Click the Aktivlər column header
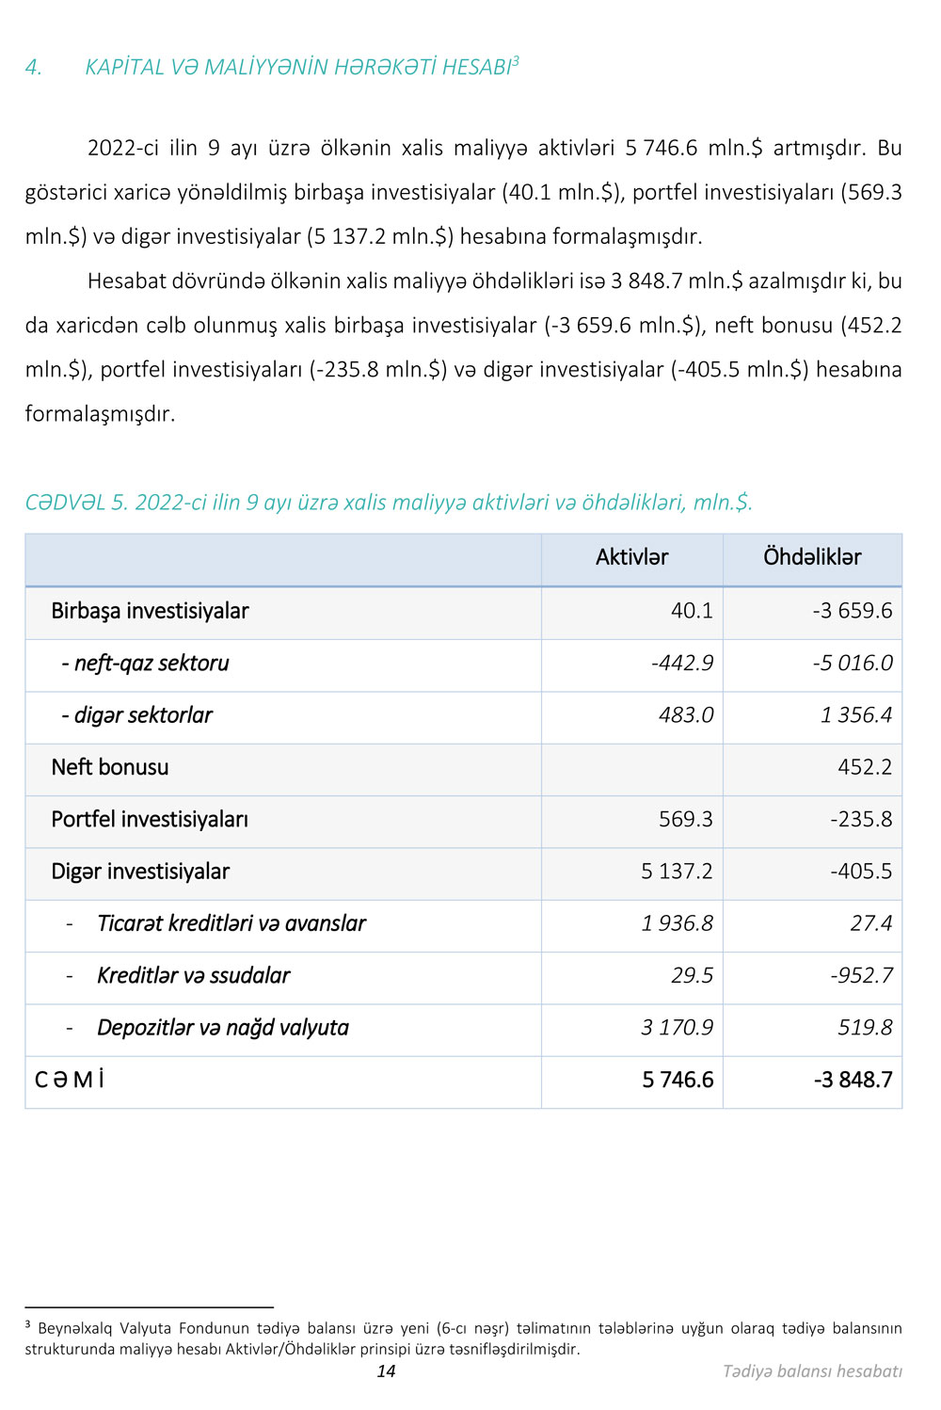pos(631,557)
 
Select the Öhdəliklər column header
pos(812,557)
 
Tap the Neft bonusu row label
pos(110,767)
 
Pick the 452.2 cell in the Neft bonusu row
pos(864,767)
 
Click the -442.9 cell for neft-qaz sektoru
pos(682,663)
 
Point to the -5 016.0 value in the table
pos(853,663)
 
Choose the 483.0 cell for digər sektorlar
pos(686,715)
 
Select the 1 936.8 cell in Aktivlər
pos(677,923)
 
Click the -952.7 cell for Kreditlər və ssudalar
pos(861,975)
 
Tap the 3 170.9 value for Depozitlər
pos(677,1028)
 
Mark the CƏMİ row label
pos(70,1080)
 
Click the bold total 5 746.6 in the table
pos(678,1080)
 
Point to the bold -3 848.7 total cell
pos(853,1080)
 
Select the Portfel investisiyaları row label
pos(150,819)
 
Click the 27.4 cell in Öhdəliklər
pos(870,923)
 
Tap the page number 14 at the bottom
pos(386,1371)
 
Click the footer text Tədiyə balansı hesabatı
pos(812,1371)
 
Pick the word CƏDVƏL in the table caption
pos(65,503)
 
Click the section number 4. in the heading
pos(34,68)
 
